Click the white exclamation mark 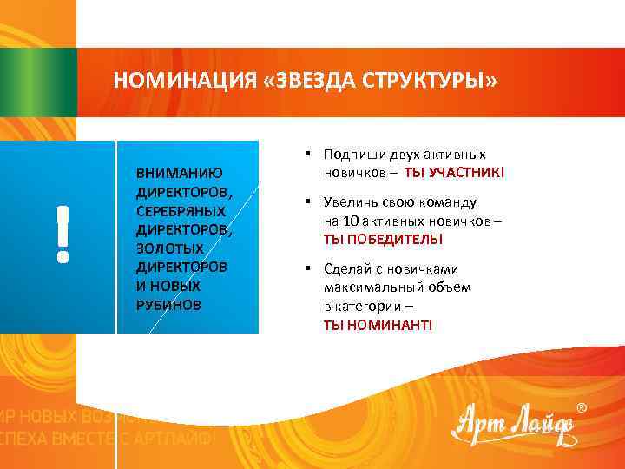(62, 234)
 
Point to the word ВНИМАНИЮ (179, 173)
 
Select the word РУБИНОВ (168, 304)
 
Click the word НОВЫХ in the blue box (174, 286)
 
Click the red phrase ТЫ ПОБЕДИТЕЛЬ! (383, 239)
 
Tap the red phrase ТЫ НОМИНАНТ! (377, 324)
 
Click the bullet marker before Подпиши (308, 154)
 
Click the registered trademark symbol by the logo (581, 407)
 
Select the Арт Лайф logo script (511, 426)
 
